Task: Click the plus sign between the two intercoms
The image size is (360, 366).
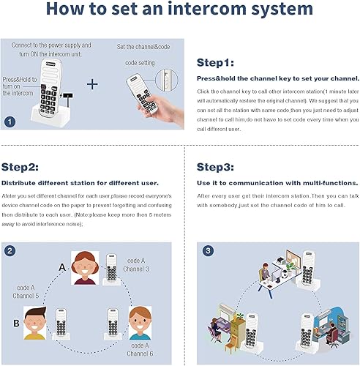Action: tap(92, 83)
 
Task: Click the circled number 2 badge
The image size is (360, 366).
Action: tap(10, 251)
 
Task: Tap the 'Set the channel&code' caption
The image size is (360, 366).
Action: tap(143, 47)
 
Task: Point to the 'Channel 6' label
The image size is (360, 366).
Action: tap(142, 353)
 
